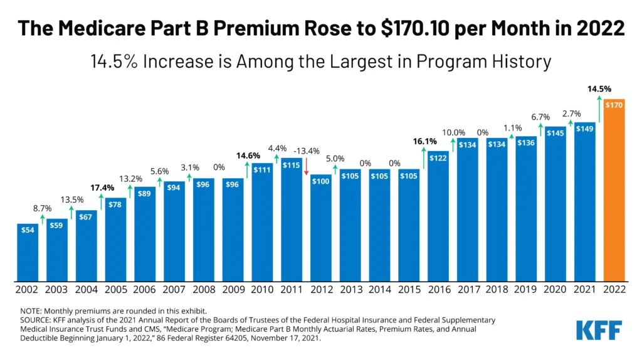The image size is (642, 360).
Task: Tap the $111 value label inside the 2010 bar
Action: pyautogui.click(x=262, y=170)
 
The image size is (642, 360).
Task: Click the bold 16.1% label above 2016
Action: pyautogui.click(x=424, y=142)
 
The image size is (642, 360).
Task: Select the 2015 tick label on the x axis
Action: pyautogui.click(x=409, y=290)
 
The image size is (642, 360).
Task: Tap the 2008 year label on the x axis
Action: pyautogui.click(x=203, y=290)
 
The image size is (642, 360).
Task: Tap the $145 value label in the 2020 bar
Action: pyautogui.click(x=555, y=133)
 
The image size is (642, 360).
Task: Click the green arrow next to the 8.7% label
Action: pyautogui.click(x=42, y=219)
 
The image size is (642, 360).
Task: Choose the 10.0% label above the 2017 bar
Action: pyautogui.click(x=455, y=132)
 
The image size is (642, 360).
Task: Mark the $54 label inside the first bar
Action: pyautogui.click(x=28, y=230)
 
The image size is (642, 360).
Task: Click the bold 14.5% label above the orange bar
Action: pyautogui.click(x=600, y=89)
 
